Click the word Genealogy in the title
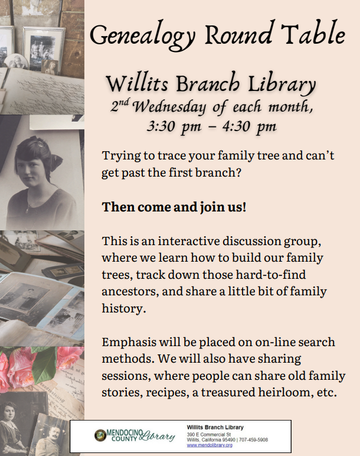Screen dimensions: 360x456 click(x=142, y=35)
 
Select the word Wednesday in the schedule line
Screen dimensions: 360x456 click(x=169, y=107)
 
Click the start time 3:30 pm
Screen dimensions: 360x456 click(x=174, y=126)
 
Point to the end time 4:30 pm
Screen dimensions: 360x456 click(x=249, y=126)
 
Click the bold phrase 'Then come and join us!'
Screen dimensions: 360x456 click(x=174, y=207)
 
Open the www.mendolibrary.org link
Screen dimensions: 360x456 click(x=210, y=445)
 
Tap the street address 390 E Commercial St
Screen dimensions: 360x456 click(x=209, y=435)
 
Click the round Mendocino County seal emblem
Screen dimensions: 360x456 click(x=100, y=435)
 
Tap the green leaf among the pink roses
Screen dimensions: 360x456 click(x=44, y=364)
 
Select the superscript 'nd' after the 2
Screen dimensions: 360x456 click(x=125, y=102)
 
